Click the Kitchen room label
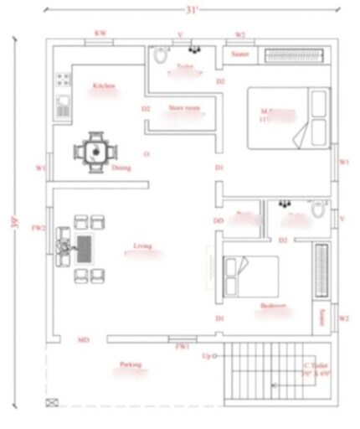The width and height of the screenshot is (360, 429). coord(104,86)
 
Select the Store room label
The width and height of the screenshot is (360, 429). coord(184,107)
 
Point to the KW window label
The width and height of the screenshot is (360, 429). coord(100,34)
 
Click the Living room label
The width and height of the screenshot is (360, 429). coord(142,246)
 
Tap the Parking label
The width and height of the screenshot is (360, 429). coord(130,364)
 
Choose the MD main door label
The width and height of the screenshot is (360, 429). coord(84,339)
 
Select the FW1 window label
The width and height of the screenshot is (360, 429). coord(182,346)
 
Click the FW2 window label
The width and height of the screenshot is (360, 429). coord(38,227)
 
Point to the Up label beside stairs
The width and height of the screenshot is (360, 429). coord(206,356)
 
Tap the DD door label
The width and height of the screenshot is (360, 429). coord(219,220)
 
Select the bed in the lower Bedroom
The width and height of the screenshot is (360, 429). coord(252,274)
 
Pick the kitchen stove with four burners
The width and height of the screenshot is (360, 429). coord(64,81)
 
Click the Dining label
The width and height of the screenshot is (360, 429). coord(121,167)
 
